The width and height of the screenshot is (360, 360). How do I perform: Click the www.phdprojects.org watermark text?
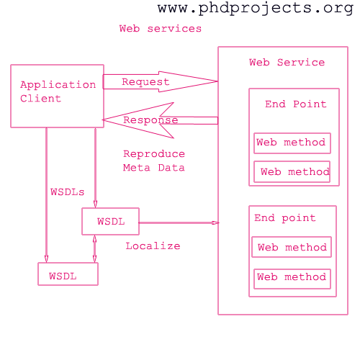pos(256,9)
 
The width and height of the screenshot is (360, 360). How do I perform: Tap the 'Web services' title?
pos(161,29)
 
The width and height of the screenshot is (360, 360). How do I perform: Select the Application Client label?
pos(58,91)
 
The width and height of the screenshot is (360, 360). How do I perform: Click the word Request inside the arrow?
pos(145,82)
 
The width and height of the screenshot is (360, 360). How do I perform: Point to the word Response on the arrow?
pos(150,120)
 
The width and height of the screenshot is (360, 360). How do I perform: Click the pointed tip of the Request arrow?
pos(217,81)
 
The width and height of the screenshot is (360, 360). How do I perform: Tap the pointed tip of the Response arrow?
pos(103,120)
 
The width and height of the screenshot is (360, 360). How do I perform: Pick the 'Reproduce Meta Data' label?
pos(154,161)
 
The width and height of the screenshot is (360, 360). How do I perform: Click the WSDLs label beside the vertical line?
pos(68,192)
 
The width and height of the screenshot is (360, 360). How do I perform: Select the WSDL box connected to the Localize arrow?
pos(110,221)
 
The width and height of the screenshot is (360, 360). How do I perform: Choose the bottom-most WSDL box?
pos(68,274)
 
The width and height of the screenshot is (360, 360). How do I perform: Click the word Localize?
pos(153,246)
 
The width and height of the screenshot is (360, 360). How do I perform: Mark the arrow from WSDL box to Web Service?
pos(179,223)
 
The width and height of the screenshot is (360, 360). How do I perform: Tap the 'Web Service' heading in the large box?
pos(287,63)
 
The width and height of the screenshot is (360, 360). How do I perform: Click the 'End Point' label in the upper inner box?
pos(296,104)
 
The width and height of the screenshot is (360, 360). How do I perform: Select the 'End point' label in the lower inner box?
pos(285,218)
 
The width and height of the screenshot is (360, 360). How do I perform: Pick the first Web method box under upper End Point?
pos(292,143)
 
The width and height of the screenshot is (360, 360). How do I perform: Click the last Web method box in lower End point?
pos(292,279)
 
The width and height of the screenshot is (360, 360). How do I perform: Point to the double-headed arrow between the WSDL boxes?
pos(94,248)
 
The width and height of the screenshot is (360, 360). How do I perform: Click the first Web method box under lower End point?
pos(292,247)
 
